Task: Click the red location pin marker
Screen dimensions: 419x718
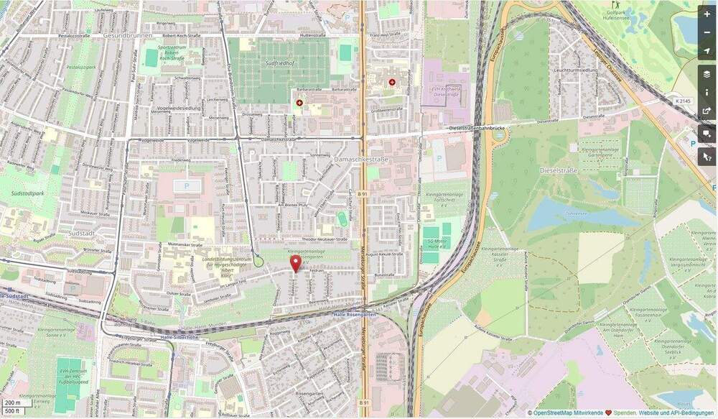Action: pos(294,263)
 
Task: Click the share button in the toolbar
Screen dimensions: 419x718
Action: pos(707,111)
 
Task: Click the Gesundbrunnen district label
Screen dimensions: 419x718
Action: pos(124,34)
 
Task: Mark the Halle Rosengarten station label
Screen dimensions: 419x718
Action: pos(354,314)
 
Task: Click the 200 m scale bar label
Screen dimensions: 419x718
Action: pos(13,403)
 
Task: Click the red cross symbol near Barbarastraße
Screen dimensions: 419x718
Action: pos(299,103)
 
